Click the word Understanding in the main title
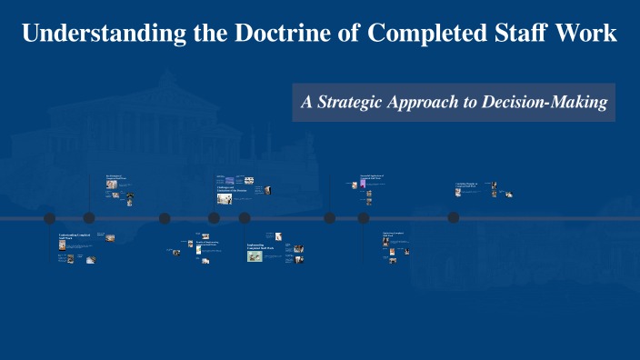pyautogui.click(x=84, y=35)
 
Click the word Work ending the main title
pyautogui.click(x=589, y=35)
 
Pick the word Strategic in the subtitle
pyautogui.click(x=358, y=103)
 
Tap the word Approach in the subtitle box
pyautogui.click(x=429, y=103)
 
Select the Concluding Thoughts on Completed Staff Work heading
pyautogui.click(x=471, y=185)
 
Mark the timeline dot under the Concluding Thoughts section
pyautogui.click(x=453, y=218)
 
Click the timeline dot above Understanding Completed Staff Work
pyautogui.click(x=50, y=218)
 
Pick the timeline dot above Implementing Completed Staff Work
pyautogui.click(x=245, y=218)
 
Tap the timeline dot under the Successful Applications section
pyautogui.click(x=364, y=218)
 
